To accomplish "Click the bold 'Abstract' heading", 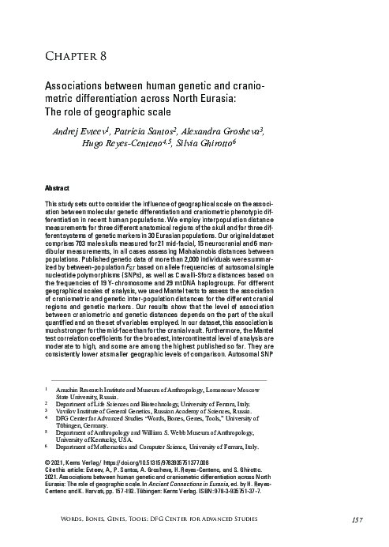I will (x=58, y=191).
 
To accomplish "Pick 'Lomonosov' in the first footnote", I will (x=225, y=390).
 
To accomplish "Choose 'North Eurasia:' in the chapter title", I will (x=209, y=97).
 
